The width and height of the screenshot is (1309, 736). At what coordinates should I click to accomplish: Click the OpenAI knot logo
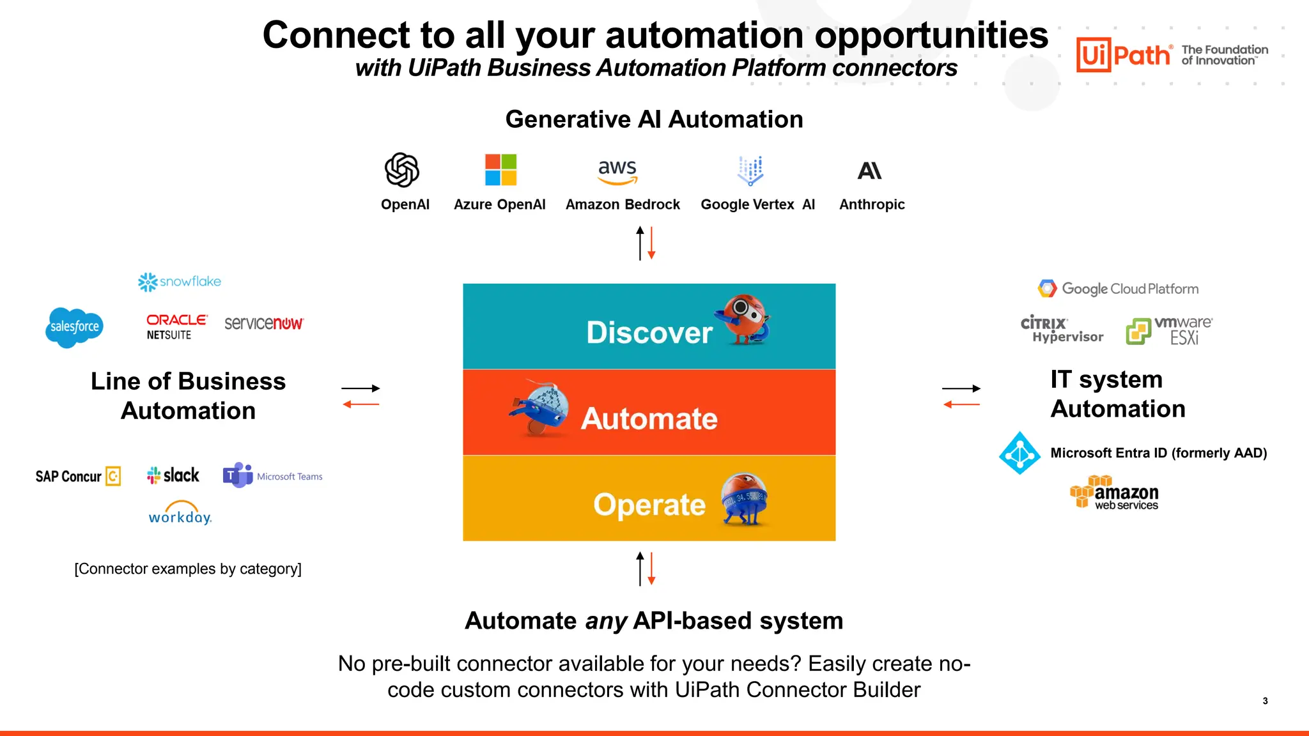tap(401, 170)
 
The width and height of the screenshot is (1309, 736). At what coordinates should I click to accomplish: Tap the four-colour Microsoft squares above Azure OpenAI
tap(500, 169)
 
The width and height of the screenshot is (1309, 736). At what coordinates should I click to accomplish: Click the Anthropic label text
tap(872, 204)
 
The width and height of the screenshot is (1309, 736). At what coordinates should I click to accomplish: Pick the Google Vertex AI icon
tap(750, 170)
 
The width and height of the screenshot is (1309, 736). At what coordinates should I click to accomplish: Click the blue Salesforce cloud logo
tap(74, 327)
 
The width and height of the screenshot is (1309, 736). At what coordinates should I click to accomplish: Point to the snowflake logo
tap(180, 282)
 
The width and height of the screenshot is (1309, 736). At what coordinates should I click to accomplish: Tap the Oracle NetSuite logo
tap(176, 326)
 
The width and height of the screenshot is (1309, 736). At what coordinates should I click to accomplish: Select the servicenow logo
tap(264, 323)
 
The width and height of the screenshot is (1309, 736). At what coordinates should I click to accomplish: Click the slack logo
tap(173, 475)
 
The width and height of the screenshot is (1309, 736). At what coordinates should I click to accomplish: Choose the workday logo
tap(180, 513)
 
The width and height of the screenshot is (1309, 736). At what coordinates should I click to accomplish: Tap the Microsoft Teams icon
tap(238, 475)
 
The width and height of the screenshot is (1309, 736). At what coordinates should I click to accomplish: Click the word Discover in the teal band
tap(649, 333)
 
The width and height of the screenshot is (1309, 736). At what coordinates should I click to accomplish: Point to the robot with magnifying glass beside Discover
tap(746, 319)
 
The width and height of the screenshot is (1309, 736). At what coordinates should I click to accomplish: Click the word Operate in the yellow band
tap(649, 505)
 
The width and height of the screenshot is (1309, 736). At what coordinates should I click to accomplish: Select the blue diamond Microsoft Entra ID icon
tap(1019, 453)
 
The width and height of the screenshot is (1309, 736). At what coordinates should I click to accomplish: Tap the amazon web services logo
tap(1115, 493)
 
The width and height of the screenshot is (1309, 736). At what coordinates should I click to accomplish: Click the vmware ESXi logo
tap(1169, 330)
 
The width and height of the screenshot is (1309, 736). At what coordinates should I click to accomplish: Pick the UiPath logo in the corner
tap(1124, 55)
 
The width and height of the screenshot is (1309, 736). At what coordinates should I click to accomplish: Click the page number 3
tap(1265, 701)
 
